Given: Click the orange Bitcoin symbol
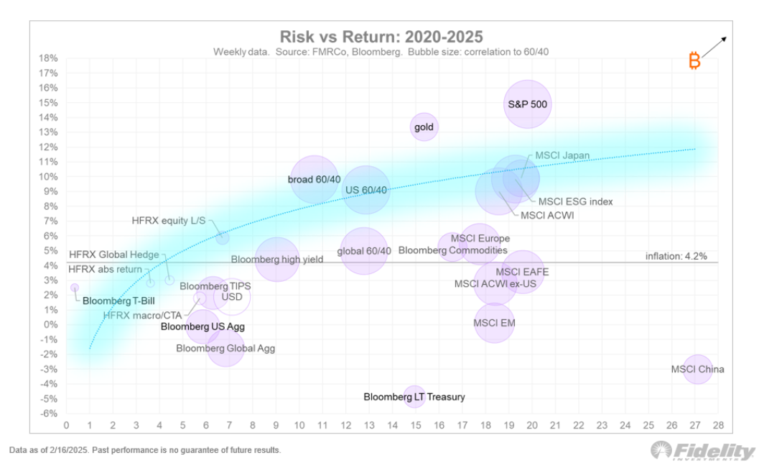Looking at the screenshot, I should point(694,60).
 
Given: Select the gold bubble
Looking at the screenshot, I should point(424,127).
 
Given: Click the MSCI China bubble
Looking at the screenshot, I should point(697,369).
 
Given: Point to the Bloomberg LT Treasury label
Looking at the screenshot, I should point(414,397).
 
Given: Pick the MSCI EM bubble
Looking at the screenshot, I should point(494,323).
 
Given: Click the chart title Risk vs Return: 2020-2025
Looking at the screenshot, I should point(381,37).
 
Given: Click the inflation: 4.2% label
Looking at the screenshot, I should point(676,256).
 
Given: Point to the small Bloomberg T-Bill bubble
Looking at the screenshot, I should point(75,288).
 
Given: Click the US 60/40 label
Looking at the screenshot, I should point(366,190).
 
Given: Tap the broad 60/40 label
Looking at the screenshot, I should point(314,178).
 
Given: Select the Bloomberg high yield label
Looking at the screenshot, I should point(276,259).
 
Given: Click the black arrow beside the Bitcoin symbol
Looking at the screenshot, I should point(714,47).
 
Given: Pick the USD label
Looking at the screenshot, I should point(231,296).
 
